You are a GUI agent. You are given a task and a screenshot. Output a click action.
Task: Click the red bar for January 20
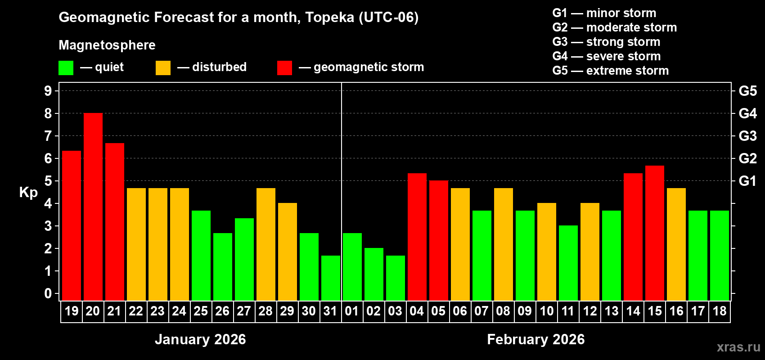pyautogui.click(x=93, y=207)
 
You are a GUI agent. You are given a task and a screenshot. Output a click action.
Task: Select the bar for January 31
pyautogui.click(x=331, y=278)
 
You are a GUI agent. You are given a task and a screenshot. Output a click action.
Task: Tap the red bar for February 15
pyautogui.click(x=655, y=233)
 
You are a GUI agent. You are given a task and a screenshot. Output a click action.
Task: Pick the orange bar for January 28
pyautogui.click(x=266, y=244)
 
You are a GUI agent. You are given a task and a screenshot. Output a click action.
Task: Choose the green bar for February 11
pyautogui.click(x=568, y=263)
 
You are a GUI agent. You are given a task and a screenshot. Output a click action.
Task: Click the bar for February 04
pyautogui.click(x=417, y=237)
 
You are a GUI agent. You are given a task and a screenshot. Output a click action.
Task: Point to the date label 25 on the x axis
pyautogui.click(x=201, y=311)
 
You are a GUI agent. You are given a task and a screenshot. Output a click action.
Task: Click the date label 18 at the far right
pyautogui.click(x=720, y=311)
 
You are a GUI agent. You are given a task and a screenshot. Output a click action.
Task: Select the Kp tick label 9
pyautogui.click(x=48, y=91)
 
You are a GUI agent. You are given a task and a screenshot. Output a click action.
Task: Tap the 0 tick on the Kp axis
pyautogui.click(x=48, y=294)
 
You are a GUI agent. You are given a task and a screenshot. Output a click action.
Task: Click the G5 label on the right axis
pyautogui.click(x=747, y=91)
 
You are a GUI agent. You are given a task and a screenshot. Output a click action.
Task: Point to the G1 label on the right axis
pyautogui.click(x=747, y=181)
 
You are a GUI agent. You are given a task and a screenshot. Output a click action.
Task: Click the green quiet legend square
pyautogui.click(x=66, y=68)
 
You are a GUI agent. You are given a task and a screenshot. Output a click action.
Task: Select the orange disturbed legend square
pyautogui.click(x=163, y=68)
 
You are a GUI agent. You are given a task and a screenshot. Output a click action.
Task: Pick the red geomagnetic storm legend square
pyautogui.click(x=284, y=68)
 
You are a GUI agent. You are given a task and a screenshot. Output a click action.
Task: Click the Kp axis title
pyautogui.click(x=28, y=192)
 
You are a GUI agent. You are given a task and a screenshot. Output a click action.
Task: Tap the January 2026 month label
pyautogui.click(x=200, y=339)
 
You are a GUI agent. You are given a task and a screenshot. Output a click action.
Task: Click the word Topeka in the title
pyautogui.click(x=329, y=17)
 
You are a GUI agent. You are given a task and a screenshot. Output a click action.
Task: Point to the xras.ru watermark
pyautogui.click(x=738, y=347)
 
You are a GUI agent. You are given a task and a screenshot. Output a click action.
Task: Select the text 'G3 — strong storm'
pyautogui.click(x=606, y=42)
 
